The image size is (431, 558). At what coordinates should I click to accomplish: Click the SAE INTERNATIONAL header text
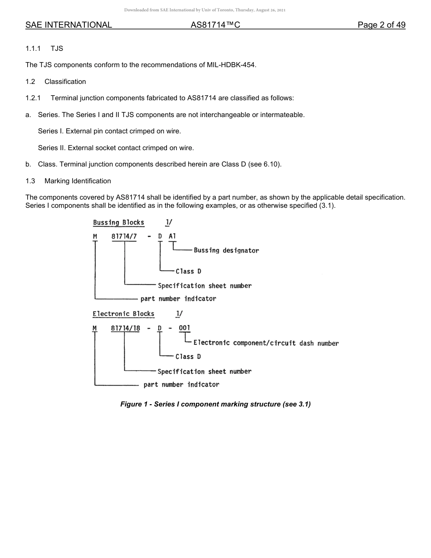click(x=69, y=25)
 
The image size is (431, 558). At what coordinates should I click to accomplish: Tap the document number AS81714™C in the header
click(x=215, y=25)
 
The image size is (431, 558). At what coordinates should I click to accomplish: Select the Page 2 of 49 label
click(x=381, y=25)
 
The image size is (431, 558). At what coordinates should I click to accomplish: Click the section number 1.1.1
click(x=33, y=48)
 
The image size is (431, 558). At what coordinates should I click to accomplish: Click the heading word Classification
click(x=65, y=82)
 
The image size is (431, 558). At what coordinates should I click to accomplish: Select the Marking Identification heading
click(x=78, y=181)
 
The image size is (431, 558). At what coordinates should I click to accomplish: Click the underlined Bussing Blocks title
click(x=118, y=222)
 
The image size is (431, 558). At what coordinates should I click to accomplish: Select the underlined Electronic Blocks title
click(x=123, y=313)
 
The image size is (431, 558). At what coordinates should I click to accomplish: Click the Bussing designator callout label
click(x=226, y=250)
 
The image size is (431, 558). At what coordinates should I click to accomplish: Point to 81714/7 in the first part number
click(x=124, y=236)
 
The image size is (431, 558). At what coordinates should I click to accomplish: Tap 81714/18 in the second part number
click(x=125, y=328)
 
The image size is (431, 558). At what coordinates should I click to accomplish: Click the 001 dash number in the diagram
click(x=185, y=328)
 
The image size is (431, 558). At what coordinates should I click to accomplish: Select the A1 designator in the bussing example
click(x=172, y=236)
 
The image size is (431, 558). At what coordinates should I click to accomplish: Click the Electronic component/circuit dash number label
click(x=266, y=343)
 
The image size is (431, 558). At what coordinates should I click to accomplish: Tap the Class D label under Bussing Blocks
click(x=188, y=271)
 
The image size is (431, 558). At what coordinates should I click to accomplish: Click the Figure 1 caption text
click(x=215, y=404)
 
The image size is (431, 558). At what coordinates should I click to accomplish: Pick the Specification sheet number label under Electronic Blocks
click(x=204, y=372)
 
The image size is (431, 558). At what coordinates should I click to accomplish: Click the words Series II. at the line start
click(x=51, y=148)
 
